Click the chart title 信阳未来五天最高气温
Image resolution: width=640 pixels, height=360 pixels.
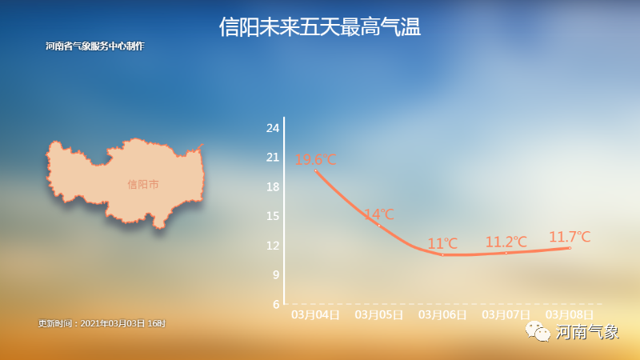click(319, 27)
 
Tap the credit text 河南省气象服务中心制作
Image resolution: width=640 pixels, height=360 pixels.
click(95, 46)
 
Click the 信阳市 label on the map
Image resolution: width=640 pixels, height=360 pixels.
click(143, 185)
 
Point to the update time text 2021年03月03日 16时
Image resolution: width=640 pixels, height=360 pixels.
click(123, 323)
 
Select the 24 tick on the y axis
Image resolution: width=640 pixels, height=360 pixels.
click(273, 128)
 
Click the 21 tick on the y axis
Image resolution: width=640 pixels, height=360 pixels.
click(273, 158)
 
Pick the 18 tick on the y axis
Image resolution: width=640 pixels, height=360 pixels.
click(273, 187)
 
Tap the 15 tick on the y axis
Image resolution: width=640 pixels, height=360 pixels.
click(273, 216)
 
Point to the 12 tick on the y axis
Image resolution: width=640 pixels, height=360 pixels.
click(273, 246)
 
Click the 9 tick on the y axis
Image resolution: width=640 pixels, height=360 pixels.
click(276, 274)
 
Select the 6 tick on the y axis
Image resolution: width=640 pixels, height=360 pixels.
click(276, 304)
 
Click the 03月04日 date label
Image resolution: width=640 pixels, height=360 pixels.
click(315, 314)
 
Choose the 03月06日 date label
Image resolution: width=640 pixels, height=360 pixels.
click(442, 314)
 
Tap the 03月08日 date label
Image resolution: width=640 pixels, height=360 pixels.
click(570, 314)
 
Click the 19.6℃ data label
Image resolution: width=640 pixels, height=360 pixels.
click(315, 159)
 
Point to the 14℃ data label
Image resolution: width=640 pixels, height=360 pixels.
click(378, 214)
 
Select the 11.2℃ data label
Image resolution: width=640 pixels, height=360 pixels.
click(506, 242)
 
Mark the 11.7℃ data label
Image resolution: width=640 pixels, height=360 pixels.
click(570, 237)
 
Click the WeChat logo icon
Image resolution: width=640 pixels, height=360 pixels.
click(538, 331)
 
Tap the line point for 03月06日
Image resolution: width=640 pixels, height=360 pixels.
click(442, 255)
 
